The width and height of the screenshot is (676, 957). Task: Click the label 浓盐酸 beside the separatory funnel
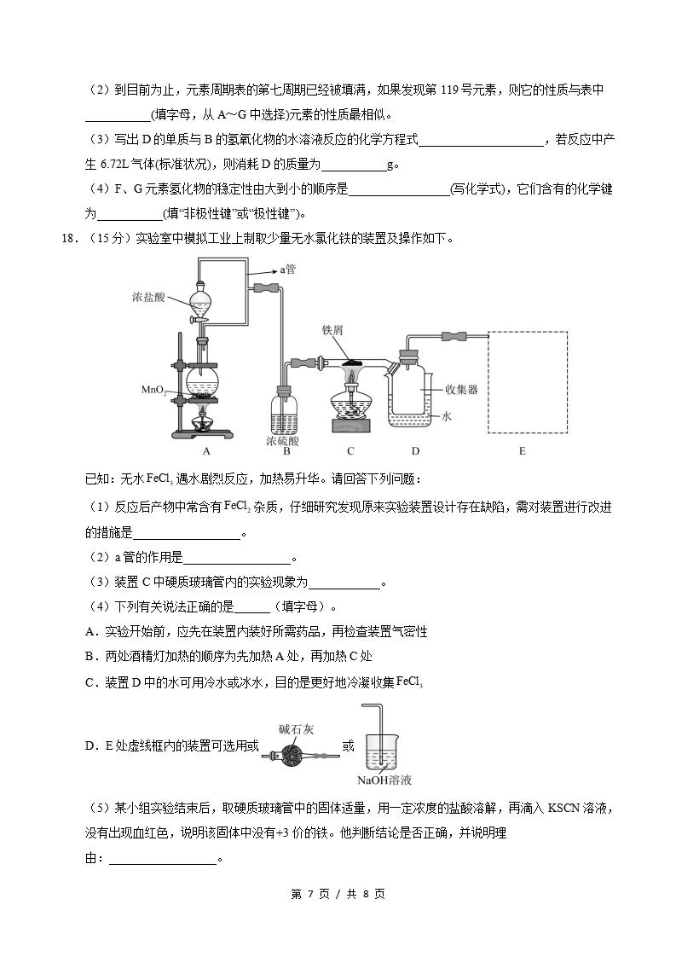(x=150, y=298)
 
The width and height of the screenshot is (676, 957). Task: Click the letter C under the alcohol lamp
(x=350, y=451)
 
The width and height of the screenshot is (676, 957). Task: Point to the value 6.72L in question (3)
(x=117, y=165)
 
